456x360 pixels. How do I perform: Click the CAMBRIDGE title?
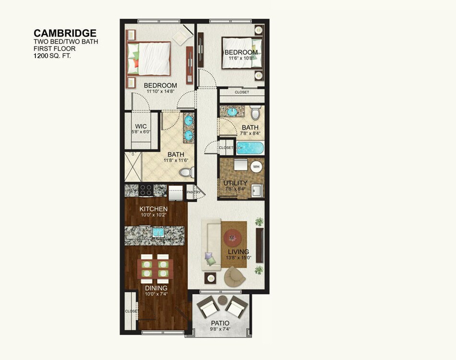pyautogui.click(x=65, y=33)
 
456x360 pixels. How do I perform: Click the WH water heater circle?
pyautogui.click(x=256, y=167)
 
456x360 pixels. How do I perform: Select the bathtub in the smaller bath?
pyautogui.click(x=250, y=147)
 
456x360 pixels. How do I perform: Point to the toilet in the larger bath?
pyautogui.click(x=185, y=171)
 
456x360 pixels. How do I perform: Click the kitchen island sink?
pyautogui.click(x=158, y=232)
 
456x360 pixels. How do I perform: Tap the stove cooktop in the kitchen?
pyautogui.click(x=146, y=190)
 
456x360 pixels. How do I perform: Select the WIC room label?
pyautogui.click(x=141, y=127)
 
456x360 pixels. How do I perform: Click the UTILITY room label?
pyautogui.click(x=235, y=183)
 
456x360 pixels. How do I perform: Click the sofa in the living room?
pyautogui.click(x=210, y=245)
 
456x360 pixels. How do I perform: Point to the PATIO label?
pyautogui.click(x=220, y=323)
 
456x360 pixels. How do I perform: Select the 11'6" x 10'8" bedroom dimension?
pyautogui.click(x=241, y=59)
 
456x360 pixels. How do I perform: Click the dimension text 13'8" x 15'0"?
pyautogui.click(x=238, y=258)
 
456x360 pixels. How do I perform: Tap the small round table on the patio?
pyautogui.click(x=223, y=300)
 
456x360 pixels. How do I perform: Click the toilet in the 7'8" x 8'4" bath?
pyautogui.click(x=255, y=112)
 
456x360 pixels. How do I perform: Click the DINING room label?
pyautogui.click(x=156, y=288)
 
